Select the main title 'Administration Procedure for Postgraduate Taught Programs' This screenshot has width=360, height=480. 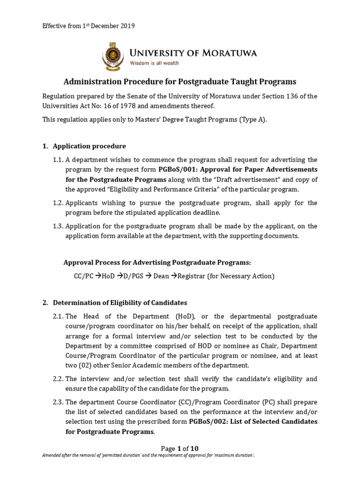(x=180, y=81)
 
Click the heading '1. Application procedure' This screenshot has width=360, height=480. (x=89, y=146)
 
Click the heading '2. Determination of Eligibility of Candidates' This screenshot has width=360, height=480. (x=120, y=303)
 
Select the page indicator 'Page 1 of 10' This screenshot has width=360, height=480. (x=180, y=448)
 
